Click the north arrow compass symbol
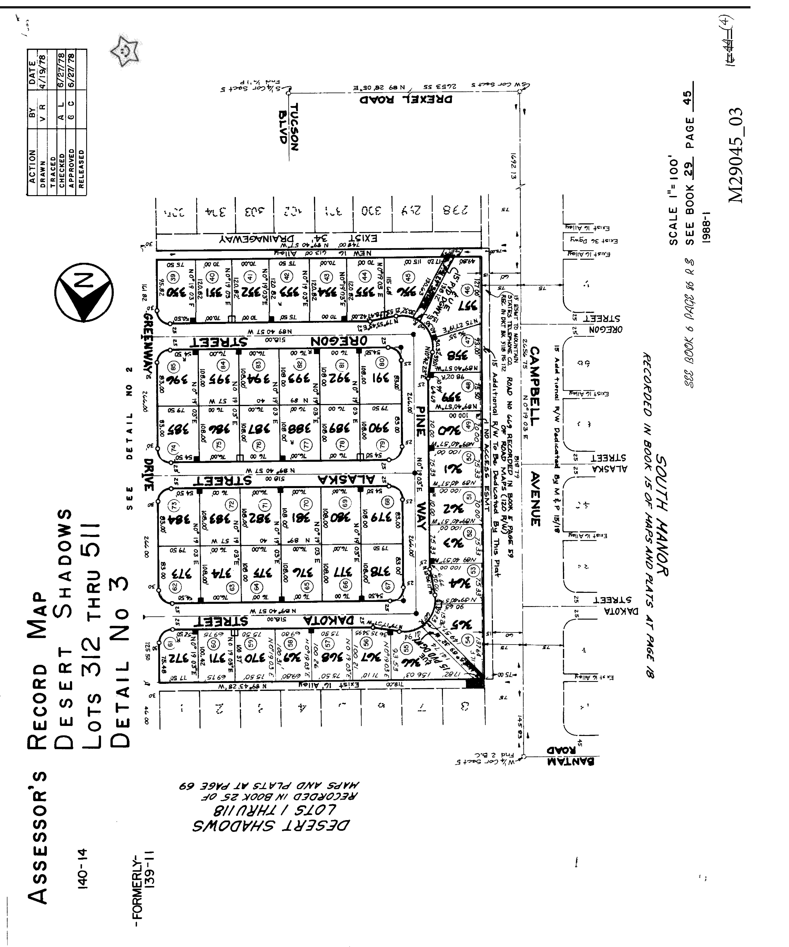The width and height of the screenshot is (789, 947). [84, 292]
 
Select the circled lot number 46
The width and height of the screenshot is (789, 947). [468, 290]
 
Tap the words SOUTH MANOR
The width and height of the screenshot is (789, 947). [662, 515]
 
